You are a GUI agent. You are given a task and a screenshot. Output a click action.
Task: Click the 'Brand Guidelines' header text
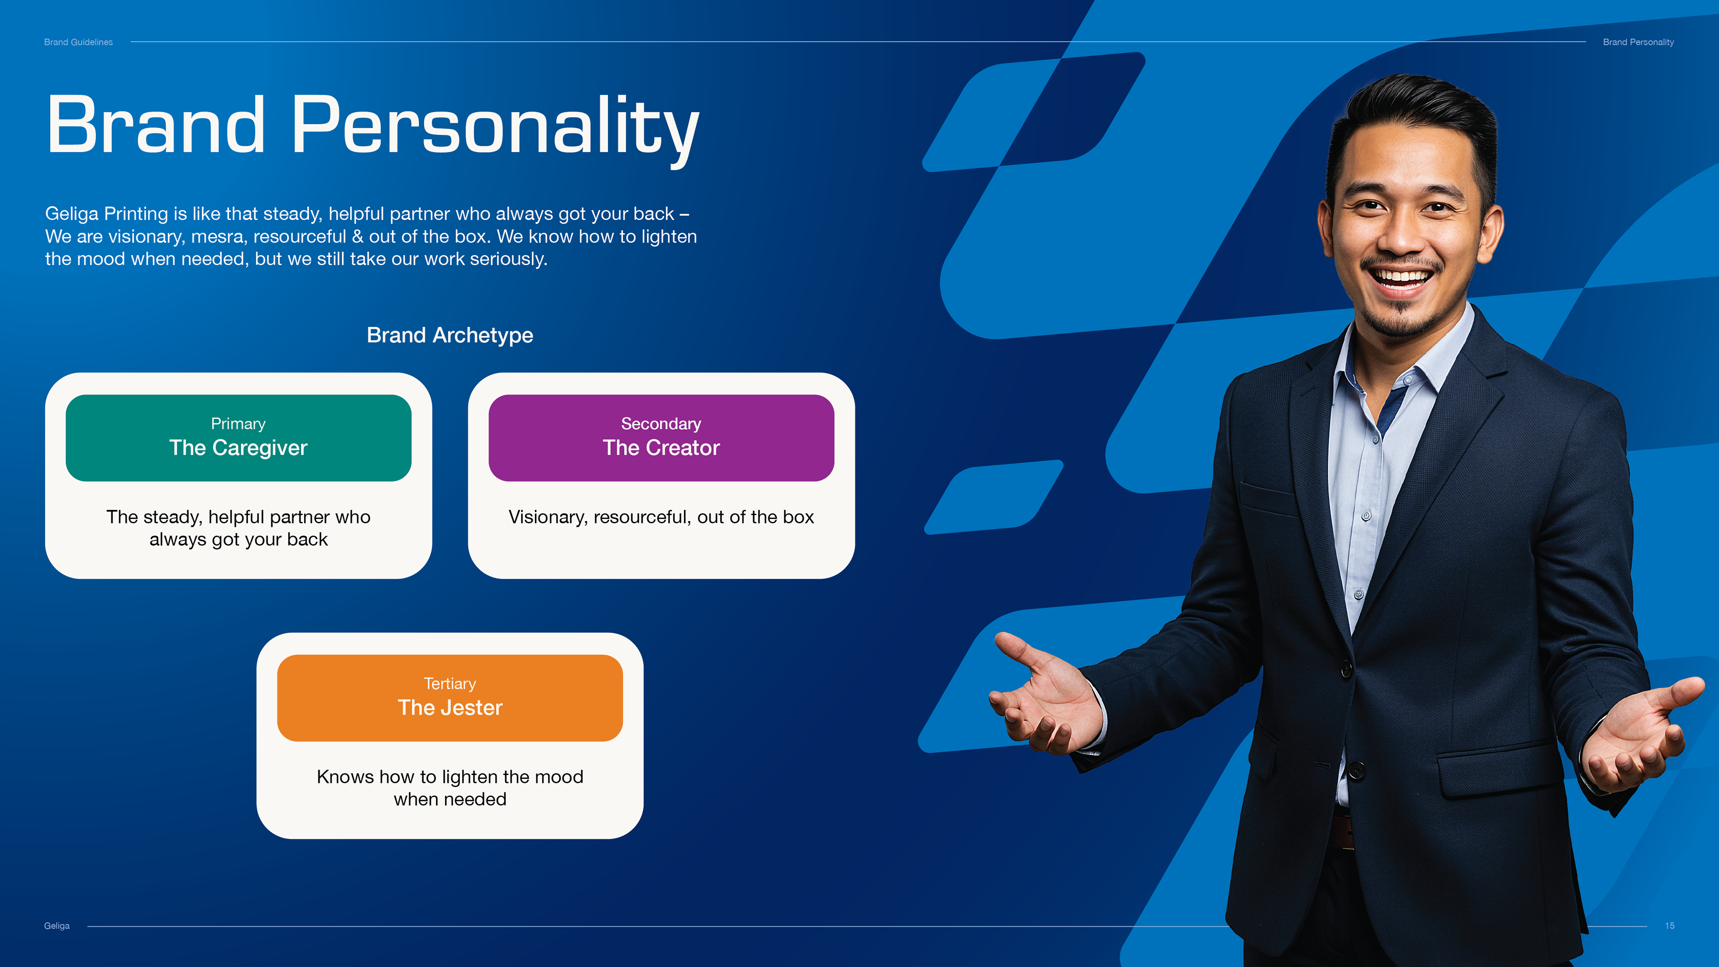point(78,42)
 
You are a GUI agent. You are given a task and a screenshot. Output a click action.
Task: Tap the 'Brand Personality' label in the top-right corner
point(1638,42)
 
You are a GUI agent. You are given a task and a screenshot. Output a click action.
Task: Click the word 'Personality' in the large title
point(495,127)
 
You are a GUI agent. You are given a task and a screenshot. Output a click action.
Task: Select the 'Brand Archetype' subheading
point(450,335)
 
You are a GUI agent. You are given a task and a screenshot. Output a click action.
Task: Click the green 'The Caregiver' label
point(238,448)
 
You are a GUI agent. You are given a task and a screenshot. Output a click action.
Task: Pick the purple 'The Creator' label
point(661,448)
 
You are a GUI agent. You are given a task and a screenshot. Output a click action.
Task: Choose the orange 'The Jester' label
point(450,707)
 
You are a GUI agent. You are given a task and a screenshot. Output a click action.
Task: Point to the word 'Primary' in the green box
point(238,424)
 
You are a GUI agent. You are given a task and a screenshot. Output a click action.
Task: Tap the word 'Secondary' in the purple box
point(661,424)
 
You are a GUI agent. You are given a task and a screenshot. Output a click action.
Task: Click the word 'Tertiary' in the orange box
point(450,684)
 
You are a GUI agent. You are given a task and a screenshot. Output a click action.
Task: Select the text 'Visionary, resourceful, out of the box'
point(661,517)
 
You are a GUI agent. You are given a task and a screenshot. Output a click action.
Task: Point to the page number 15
point(1670,926)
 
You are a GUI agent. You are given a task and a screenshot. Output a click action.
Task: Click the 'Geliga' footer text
point(57,926)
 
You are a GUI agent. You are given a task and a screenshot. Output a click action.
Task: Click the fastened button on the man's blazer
point(1347,668)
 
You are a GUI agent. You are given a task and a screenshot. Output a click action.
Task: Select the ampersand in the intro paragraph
point(358,237)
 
